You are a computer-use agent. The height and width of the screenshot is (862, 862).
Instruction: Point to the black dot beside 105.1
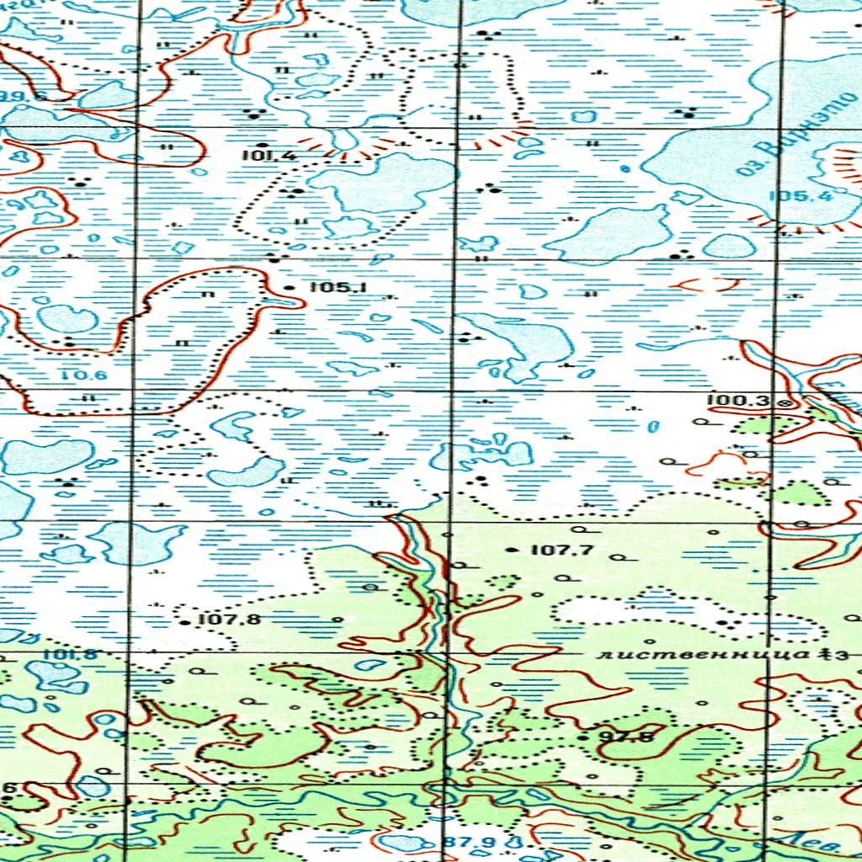290,288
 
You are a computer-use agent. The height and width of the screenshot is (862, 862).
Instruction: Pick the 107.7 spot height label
562,550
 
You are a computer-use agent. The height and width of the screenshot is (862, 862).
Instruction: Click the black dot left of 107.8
186,623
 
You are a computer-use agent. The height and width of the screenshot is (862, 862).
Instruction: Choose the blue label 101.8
69,655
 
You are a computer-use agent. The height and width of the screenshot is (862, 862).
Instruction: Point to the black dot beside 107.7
513,550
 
